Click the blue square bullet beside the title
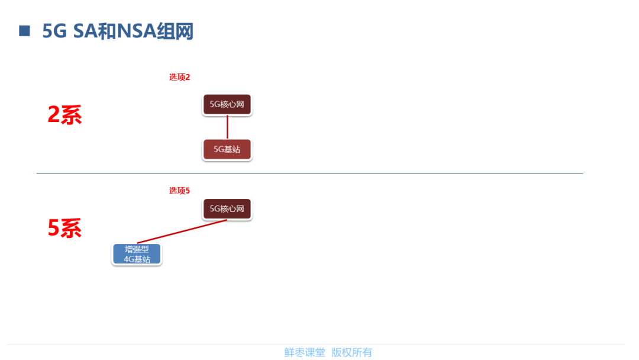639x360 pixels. point(24,31)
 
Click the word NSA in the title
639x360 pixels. point(136,31)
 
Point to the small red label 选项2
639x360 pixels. point(179,77)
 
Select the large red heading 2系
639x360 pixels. point(64,115)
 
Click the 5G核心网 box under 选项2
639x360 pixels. point(227,104)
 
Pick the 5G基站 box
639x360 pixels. point(227,150)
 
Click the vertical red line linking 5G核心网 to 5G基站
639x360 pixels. point(227,127)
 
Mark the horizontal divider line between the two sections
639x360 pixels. point(309,173)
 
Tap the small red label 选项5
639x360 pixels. point(179,191)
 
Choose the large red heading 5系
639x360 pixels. point(64,229)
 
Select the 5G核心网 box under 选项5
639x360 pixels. point(227,209)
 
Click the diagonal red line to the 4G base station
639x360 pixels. point(182,232)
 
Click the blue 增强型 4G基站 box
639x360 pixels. point(137,254)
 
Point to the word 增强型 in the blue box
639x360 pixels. point(137,249)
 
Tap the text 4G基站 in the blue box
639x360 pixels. point(137,259)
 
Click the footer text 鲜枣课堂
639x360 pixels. point(305,352)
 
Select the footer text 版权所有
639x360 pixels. point(351,352)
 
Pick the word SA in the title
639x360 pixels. point(85,31)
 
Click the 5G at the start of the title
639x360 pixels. point(55,31)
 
